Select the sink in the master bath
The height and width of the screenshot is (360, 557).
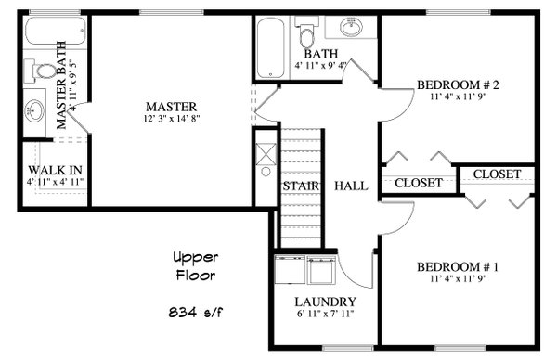point(34,110)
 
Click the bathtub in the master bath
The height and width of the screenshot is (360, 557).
point(50,35)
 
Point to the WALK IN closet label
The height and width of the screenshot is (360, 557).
point(55,170)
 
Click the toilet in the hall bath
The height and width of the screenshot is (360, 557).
point(307,35)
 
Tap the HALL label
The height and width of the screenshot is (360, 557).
point(351,186)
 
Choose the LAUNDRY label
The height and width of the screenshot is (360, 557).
point(325,302)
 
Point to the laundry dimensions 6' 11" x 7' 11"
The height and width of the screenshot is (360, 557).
point(325,315)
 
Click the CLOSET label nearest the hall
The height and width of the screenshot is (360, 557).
point(419,183)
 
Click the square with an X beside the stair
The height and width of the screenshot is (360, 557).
point(265,148)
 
